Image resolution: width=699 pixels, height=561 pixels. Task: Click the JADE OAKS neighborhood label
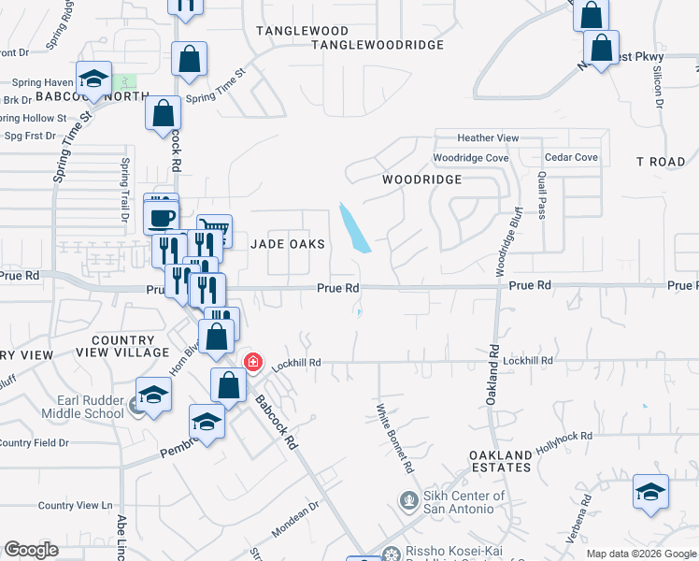click(x=289, y=244)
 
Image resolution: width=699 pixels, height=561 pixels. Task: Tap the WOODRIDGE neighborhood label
click(x=421, y=179)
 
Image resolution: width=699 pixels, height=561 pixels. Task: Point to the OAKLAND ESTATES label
click(x=500, y=462)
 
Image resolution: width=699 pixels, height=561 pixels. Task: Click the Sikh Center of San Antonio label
click(x=451, y=502)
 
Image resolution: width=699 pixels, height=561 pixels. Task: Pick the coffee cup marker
click(x=162, y=217)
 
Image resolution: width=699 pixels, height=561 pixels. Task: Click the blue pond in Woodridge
click(x=355, y=228)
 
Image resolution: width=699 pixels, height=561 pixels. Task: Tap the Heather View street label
click(x=488, y=138)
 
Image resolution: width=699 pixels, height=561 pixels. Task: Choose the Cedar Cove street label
click(x=571, y=158)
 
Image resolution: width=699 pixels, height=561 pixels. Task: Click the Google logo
click(x=31, y=550)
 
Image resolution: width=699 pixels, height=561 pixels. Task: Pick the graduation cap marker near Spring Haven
click(x=93, y=78)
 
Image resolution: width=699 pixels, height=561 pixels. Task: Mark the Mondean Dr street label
click(x=295, y=518)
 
